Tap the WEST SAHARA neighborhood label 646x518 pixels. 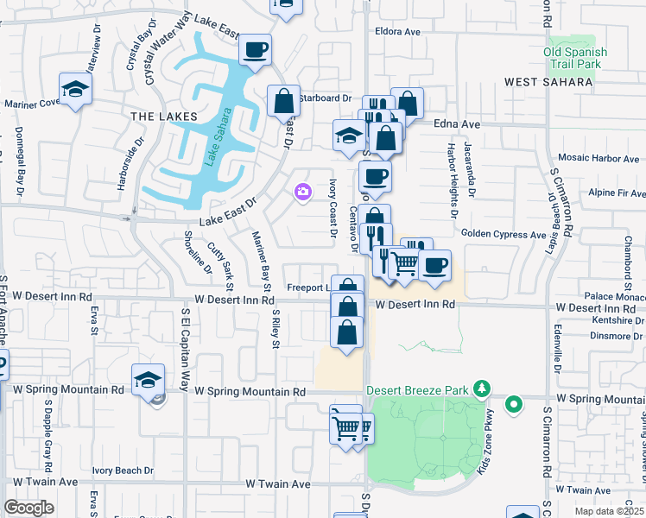549,82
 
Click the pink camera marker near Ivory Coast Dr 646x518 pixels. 302,193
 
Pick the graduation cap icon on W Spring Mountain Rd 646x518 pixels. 148,379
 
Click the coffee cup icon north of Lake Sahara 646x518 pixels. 255,50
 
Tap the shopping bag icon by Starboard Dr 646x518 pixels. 283,101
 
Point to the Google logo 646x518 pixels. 28,508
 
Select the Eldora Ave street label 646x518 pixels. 397,32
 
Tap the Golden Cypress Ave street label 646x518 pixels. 503,234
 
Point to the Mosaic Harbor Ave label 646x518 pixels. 598,158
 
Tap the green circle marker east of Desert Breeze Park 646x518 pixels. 514,404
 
